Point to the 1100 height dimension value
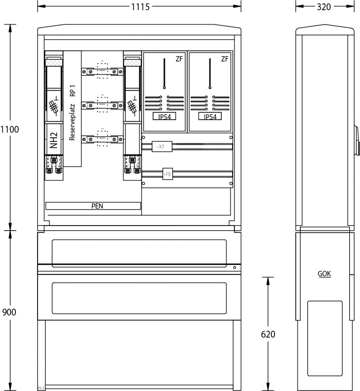[10, 129]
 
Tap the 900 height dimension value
[9, 312]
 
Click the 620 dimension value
[268, 334]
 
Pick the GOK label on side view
[324, 274]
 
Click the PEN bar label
[97, 206]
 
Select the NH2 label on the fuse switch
[54, 140]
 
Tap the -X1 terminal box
[162, 147]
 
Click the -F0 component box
[167, 174]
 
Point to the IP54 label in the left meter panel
[164, 117]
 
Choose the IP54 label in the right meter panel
[210, 117]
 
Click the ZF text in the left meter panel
[179, 59]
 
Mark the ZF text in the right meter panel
[225, 59]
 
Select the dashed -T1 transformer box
[102, 70]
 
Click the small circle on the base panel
[234, 268]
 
